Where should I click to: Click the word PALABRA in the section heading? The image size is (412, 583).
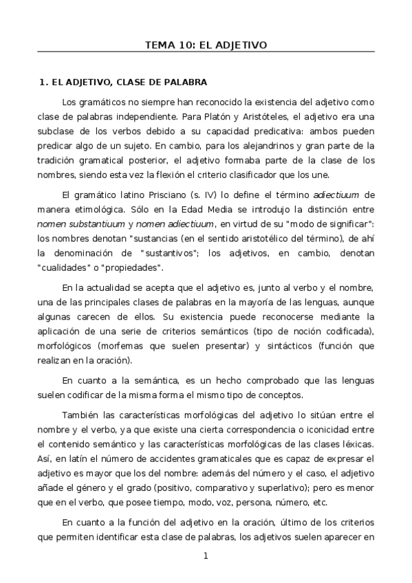(x=184, y=82)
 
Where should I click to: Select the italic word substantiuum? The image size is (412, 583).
(x=95, y=223)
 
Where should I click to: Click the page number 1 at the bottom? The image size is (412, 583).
(x=205, y=556)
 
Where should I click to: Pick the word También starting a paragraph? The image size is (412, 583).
(x=80, y=415)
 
